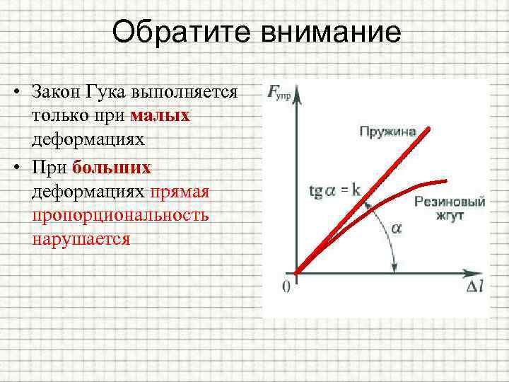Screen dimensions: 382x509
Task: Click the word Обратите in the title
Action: (176, 33)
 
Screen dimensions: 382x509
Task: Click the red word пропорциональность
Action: (120, 215)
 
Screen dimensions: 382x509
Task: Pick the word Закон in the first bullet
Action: (57, 92)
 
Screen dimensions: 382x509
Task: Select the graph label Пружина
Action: (387, 132)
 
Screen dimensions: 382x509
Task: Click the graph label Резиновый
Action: (450, 202)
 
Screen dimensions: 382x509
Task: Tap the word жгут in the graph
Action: (450, 216)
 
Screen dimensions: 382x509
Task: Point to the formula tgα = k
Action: (335, 190)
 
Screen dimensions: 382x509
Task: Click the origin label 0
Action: (286, 286)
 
